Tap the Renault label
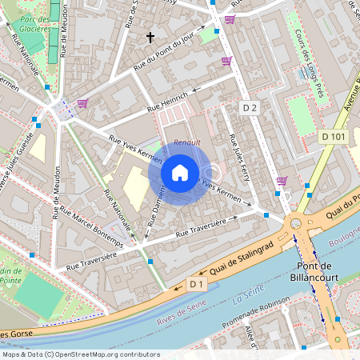[x=187, y=142]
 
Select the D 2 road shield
[x=250, y=107]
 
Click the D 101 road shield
[x=334, y=137]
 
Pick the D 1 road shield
[x=198, y=284]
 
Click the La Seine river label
[x=248, y=298]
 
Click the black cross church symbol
[x=150, y=37]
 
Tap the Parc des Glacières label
[x=32, y=22]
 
